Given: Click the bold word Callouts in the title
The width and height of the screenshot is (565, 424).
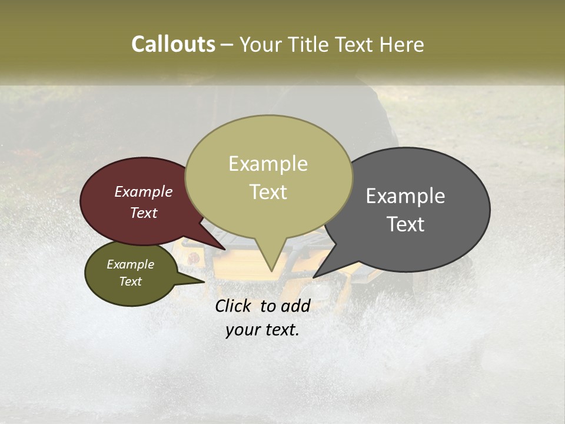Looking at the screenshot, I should [x=173, y=44].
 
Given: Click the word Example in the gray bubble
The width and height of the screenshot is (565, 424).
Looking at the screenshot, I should [x=406, y=196].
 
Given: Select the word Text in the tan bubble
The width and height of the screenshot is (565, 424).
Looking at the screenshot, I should [x=268, y=192].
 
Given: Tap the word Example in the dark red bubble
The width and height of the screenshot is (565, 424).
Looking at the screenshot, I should [x=144, y=192].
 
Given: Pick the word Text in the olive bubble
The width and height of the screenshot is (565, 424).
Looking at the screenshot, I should [x=131, y=281].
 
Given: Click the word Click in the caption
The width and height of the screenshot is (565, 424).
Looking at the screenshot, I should [x=234, y=306].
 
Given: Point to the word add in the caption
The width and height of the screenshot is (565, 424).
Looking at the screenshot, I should [x=295, y=306].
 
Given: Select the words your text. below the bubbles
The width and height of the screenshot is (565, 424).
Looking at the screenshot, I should [x=262, y=330].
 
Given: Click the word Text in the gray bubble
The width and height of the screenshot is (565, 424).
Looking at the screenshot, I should [x=406, y=224].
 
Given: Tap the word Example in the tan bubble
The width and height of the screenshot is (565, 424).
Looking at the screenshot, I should [x=268, y=164].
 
